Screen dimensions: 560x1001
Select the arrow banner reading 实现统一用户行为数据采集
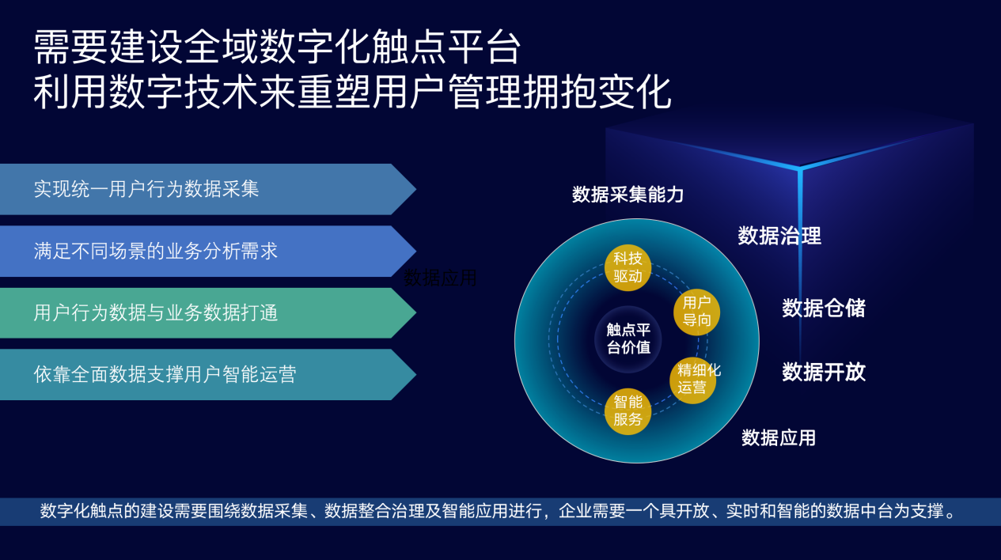point(198,189)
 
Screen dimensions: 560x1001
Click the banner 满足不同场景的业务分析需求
point(198,252)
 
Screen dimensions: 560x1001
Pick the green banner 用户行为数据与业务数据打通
point(198,313)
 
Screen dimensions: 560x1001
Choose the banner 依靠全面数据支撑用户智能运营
point(198,374)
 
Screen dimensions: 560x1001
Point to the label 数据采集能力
point(628,195)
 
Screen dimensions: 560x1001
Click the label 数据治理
point(779,236)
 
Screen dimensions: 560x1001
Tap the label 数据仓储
point(824,308)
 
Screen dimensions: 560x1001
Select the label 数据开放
point(824,372)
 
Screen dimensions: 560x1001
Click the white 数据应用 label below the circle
point(779,437)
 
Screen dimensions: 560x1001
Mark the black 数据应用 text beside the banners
point(441,278)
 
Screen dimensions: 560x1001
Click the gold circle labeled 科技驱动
point(628,267)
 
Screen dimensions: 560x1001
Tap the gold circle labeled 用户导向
point(696,312)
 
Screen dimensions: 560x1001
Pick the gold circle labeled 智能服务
point(628,411)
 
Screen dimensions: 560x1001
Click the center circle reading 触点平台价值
point(628,339)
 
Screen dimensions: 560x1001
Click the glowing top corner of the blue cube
point(800,168)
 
